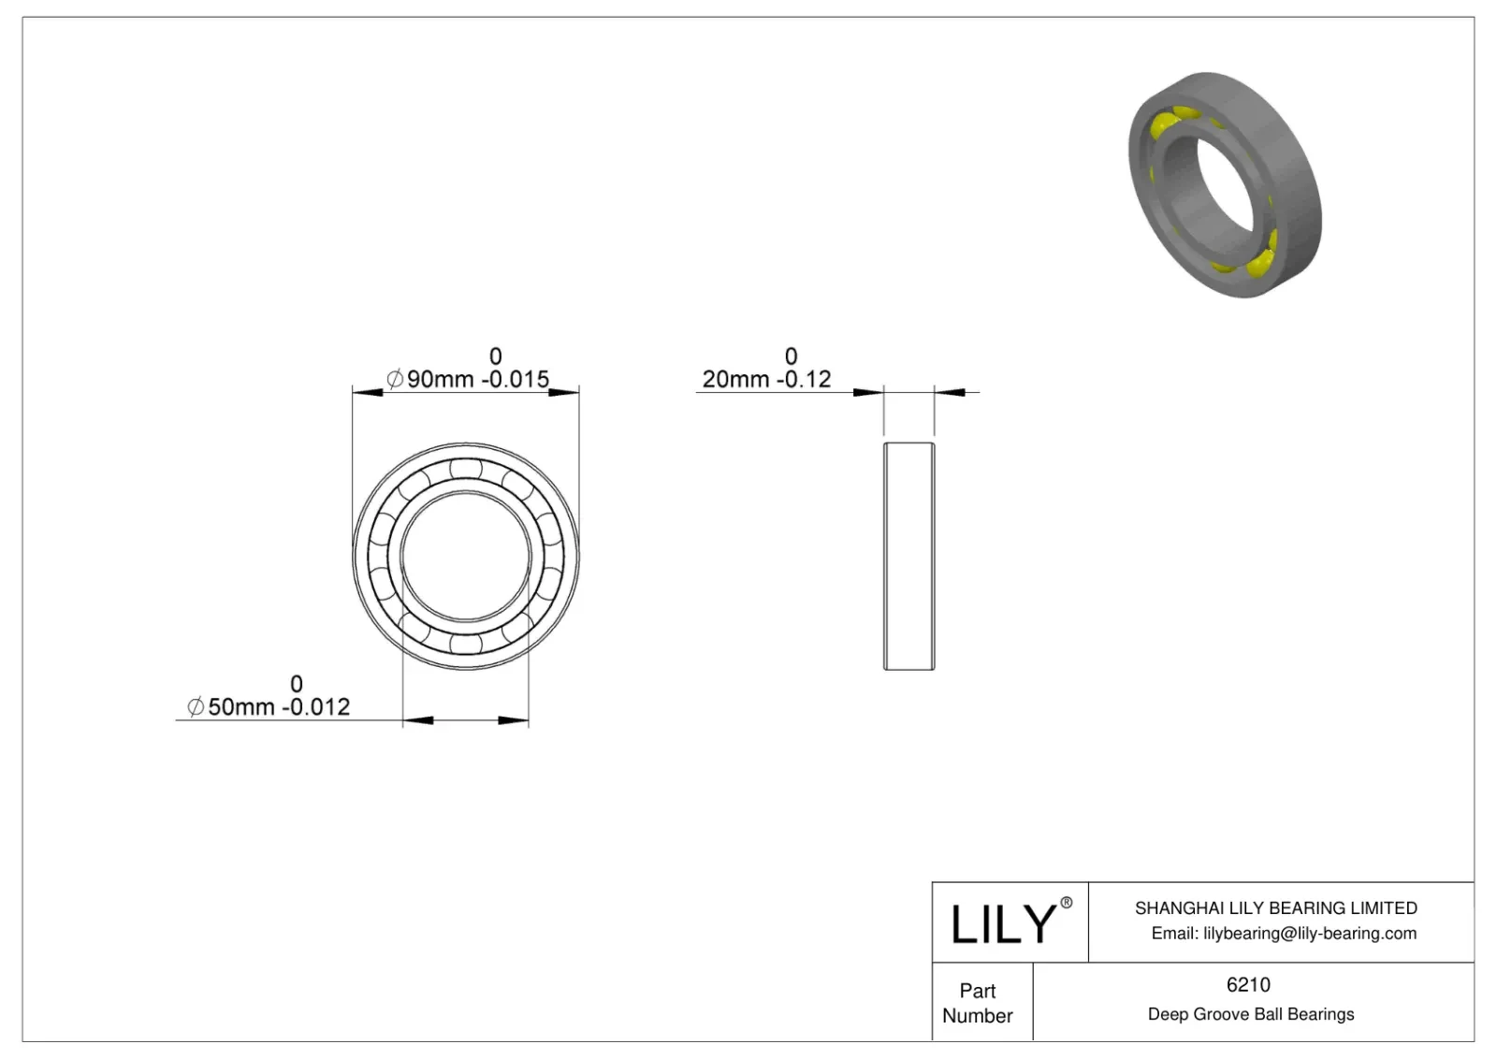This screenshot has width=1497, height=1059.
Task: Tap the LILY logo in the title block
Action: pos(1002,923)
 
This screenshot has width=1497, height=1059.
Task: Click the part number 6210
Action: pos(1248,984)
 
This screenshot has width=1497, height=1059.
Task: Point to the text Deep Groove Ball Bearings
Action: pos(1250,1014)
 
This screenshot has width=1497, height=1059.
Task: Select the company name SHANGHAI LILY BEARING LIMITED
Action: pos(1275,907)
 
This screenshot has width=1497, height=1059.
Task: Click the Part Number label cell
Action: pos(978,1003)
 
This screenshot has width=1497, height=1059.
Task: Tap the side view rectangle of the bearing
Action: pos(908,556)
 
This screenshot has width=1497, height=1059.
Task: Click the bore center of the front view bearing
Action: pos(466,556)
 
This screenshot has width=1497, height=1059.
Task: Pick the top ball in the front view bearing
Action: pos(465,468)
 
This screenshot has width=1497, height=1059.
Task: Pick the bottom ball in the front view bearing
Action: pos(465,645)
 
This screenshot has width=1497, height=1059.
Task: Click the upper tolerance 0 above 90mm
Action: pos(496,356)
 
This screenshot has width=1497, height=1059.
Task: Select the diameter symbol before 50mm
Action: pos(195,707)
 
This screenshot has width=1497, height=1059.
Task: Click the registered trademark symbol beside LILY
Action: pos(1066,903)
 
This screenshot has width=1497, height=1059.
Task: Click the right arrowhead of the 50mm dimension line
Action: pos(514,720)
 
